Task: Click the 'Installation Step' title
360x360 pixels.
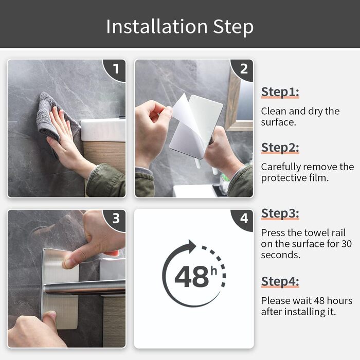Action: (180, 27)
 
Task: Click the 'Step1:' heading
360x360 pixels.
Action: (280, 92)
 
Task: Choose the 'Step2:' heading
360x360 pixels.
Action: (280, 148)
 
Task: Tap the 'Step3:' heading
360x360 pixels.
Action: (280, 213)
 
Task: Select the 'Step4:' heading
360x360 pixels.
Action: (280, 281)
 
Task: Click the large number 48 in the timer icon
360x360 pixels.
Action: (191, 277)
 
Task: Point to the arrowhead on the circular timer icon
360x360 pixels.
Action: (192, 246)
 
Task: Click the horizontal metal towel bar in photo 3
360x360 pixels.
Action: (84, 287)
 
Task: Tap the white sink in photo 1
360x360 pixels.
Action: (103, 130)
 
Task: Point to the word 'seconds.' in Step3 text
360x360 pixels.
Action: (281, 255)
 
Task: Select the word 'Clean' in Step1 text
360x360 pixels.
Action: (274, 111)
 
